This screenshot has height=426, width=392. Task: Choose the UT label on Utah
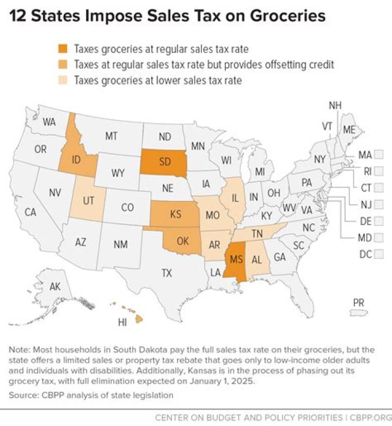tap(89, 200)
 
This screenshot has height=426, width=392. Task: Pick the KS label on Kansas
tap(176, 214)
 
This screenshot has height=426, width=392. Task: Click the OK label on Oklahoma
tap(183, 240)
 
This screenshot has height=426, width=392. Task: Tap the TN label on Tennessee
tap(258, 234)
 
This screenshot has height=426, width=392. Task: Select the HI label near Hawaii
tap(122, 322)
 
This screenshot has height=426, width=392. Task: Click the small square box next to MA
tap(378, 155)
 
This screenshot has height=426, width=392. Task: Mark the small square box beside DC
tap(378, 254)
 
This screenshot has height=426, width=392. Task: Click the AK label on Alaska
tap(55, 287)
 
